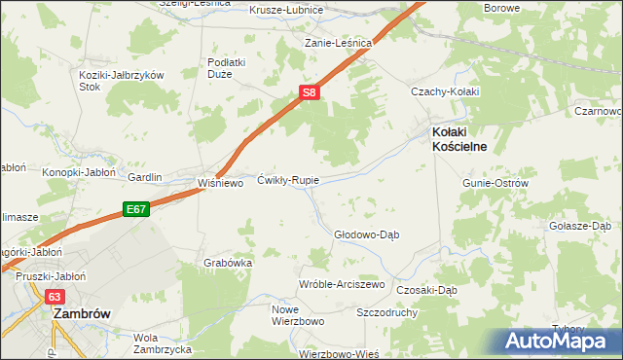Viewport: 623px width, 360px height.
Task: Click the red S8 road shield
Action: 309,92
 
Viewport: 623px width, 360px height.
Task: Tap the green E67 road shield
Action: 134,208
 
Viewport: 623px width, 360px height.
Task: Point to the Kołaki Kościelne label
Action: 459,138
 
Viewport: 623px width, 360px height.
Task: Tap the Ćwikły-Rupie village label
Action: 288,181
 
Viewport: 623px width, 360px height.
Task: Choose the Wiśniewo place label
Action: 219,182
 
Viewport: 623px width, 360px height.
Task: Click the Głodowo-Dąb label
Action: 367,234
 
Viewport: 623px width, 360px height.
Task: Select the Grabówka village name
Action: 229,263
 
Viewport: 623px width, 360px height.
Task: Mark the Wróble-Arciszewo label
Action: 342,284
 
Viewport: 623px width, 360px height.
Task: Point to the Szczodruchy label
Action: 387,313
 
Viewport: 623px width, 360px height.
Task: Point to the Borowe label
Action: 503,8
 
